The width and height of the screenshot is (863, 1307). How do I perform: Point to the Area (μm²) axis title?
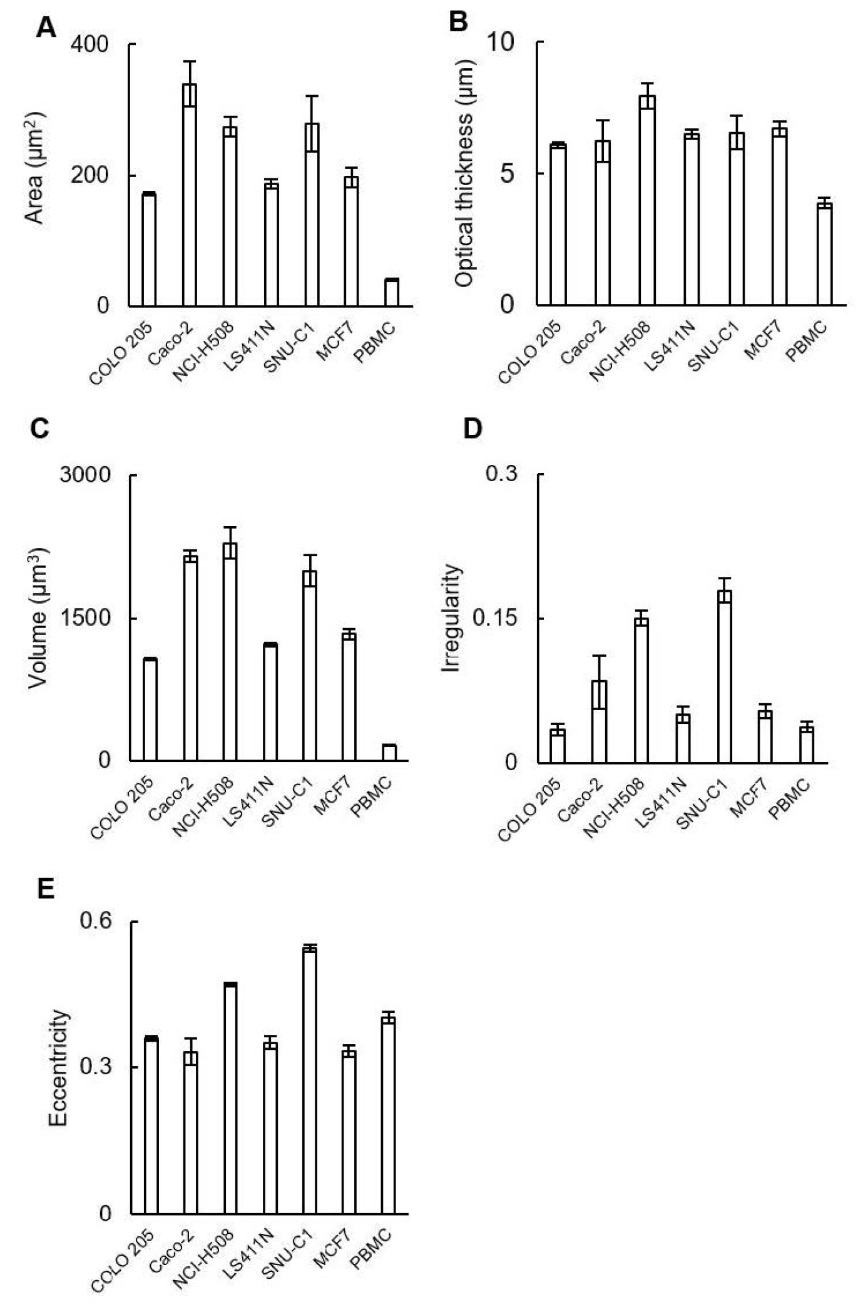click(x=36, y=168)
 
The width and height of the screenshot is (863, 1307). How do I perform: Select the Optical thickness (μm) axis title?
click(x=465, y=173)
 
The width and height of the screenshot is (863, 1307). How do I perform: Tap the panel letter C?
click(x=39, y=429)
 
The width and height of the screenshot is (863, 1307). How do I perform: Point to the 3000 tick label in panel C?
click(x=85, y=475)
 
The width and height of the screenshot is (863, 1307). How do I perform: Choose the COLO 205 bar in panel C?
click(x=150, y=710)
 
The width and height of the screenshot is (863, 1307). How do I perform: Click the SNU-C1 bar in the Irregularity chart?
click(x=725, y=676)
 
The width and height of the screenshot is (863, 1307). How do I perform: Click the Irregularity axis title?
click(x=451, y=618)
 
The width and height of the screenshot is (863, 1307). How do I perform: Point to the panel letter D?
click(x=473, y=429)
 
